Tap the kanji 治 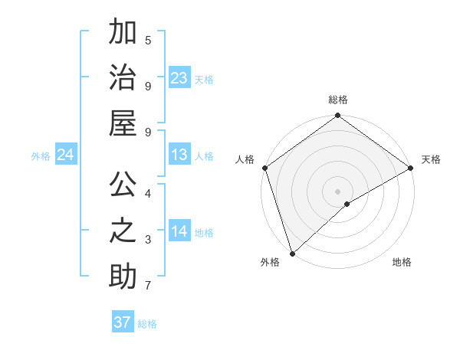pos(123,78)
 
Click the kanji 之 pos(123,231)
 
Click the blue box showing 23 pos(179,78)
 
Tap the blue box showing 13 pos(179,155)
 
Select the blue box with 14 pos(179,232)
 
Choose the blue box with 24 pos(66,155)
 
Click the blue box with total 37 pos(123,322)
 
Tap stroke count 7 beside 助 pos(148,286)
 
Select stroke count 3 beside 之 pos(148,239)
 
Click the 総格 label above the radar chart pos(338,100)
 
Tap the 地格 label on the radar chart pos(402,262)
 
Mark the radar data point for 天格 pos(411,168)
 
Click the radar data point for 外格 pos(292,254)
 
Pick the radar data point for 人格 pos(264,167)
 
